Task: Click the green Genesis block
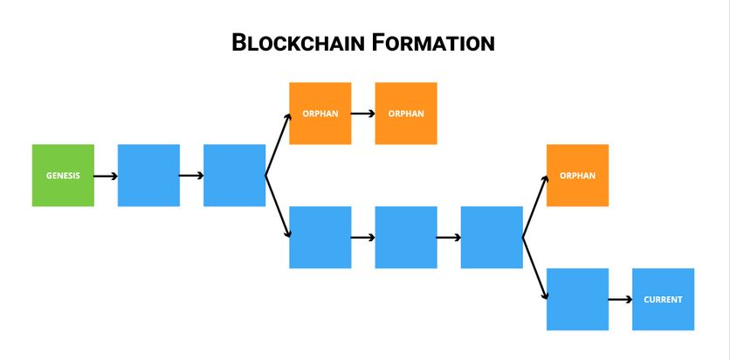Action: [x=63, y=176]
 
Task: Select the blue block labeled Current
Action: [x=663, y=299]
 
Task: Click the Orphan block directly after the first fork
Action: [x=320, y=114]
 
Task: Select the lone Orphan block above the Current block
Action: [x=577, y=176]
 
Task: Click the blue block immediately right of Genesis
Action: [x=148, y=176]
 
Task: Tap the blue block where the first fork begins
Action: [x=234, y=176]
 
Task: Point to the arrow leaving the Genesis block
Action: [x=105, y=176]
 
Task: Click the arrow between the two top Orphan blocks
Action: [x=362, y=114]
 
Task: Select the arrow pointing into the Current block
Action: [x=619, y=299]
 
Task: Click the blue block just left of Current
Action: [x=577, y=299]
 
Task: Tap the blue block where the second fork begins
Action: [x=491, y=237]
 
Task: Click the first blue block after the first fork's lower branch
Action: [x=320, y=237]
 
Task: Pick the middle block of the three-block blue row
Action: [x=405, y=237]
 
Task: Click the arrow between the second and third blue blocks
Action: [x=191, y=176]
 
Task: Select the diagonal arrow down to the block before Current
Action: [x=534, y=267]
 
